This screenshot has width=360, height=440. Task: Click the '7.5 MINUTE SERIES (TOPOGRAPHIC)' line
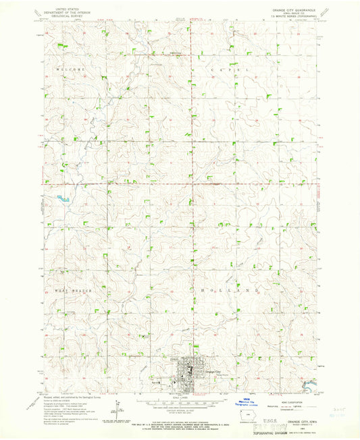pyautogui.click(x=295, y=18)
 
